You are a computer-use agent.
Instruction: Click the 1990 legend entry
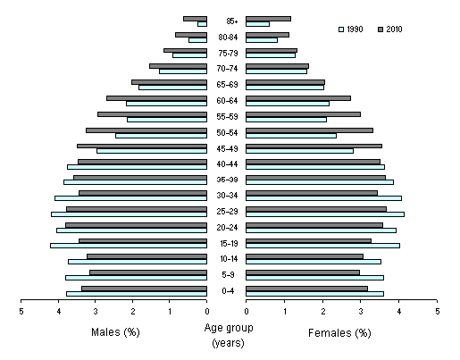point(353,29)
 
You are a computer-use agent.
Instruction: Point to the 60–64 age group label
point(226,101)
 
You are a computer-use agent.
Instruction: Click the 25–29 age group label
point(226,211)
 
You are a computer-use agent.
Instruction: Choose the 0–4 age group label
point(226,290)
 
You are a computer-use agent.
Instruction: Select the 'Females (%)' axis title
point(339,333)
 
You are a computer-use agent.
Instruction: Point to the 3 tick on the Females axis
point(361,312)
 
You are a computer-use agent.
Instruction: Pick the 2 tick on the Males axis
point(133,312)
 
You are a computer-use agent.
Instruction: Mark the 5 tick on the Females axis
point(437,312)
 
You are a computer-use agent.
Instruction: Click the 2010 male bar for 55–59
point(152,113)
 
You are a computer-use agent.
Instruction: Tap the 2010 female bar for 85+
point(268,18)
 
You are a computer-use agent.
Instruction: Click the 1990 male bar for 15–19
point(129,246)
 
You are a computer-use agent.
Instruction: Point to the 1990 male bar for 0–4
point(136,293)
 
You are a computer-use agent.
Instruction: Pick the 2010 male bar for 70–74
point(178,65)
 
